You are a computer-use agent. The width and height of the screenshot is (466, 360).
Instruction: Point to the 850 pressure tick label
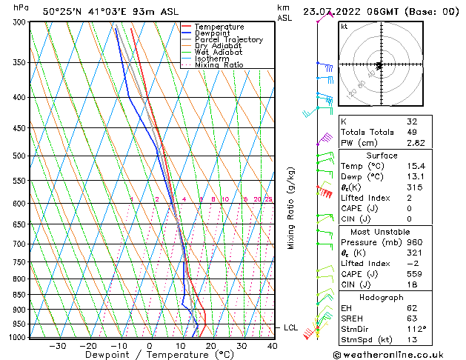tap(19, 294)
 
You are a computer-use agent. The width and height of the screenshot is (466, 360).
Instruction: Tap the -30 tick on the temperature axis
tap(57, 345)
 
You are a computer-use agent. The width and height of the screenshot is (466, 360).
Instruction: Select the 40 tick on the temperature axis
tap(272, 345)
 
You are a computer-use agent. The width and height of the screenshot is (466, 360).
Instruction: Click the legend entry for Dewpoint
tap(213, 33)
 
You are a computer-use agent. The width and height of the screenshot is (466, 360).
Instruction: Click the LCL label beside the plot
tap(290, 327)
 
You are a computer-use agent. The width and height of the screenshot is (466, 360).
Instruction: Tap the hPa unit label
tap(21, 7)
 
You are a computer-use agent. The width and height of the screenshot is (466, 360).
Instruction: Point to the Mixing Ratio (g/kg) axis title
tap(291, 207)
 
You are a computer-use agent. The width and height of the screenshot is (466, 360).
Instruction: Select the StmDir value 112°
tap(416, 328)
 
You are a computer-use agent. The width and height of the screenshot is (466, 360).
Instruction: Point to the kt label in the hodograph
tap(344, 27)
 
